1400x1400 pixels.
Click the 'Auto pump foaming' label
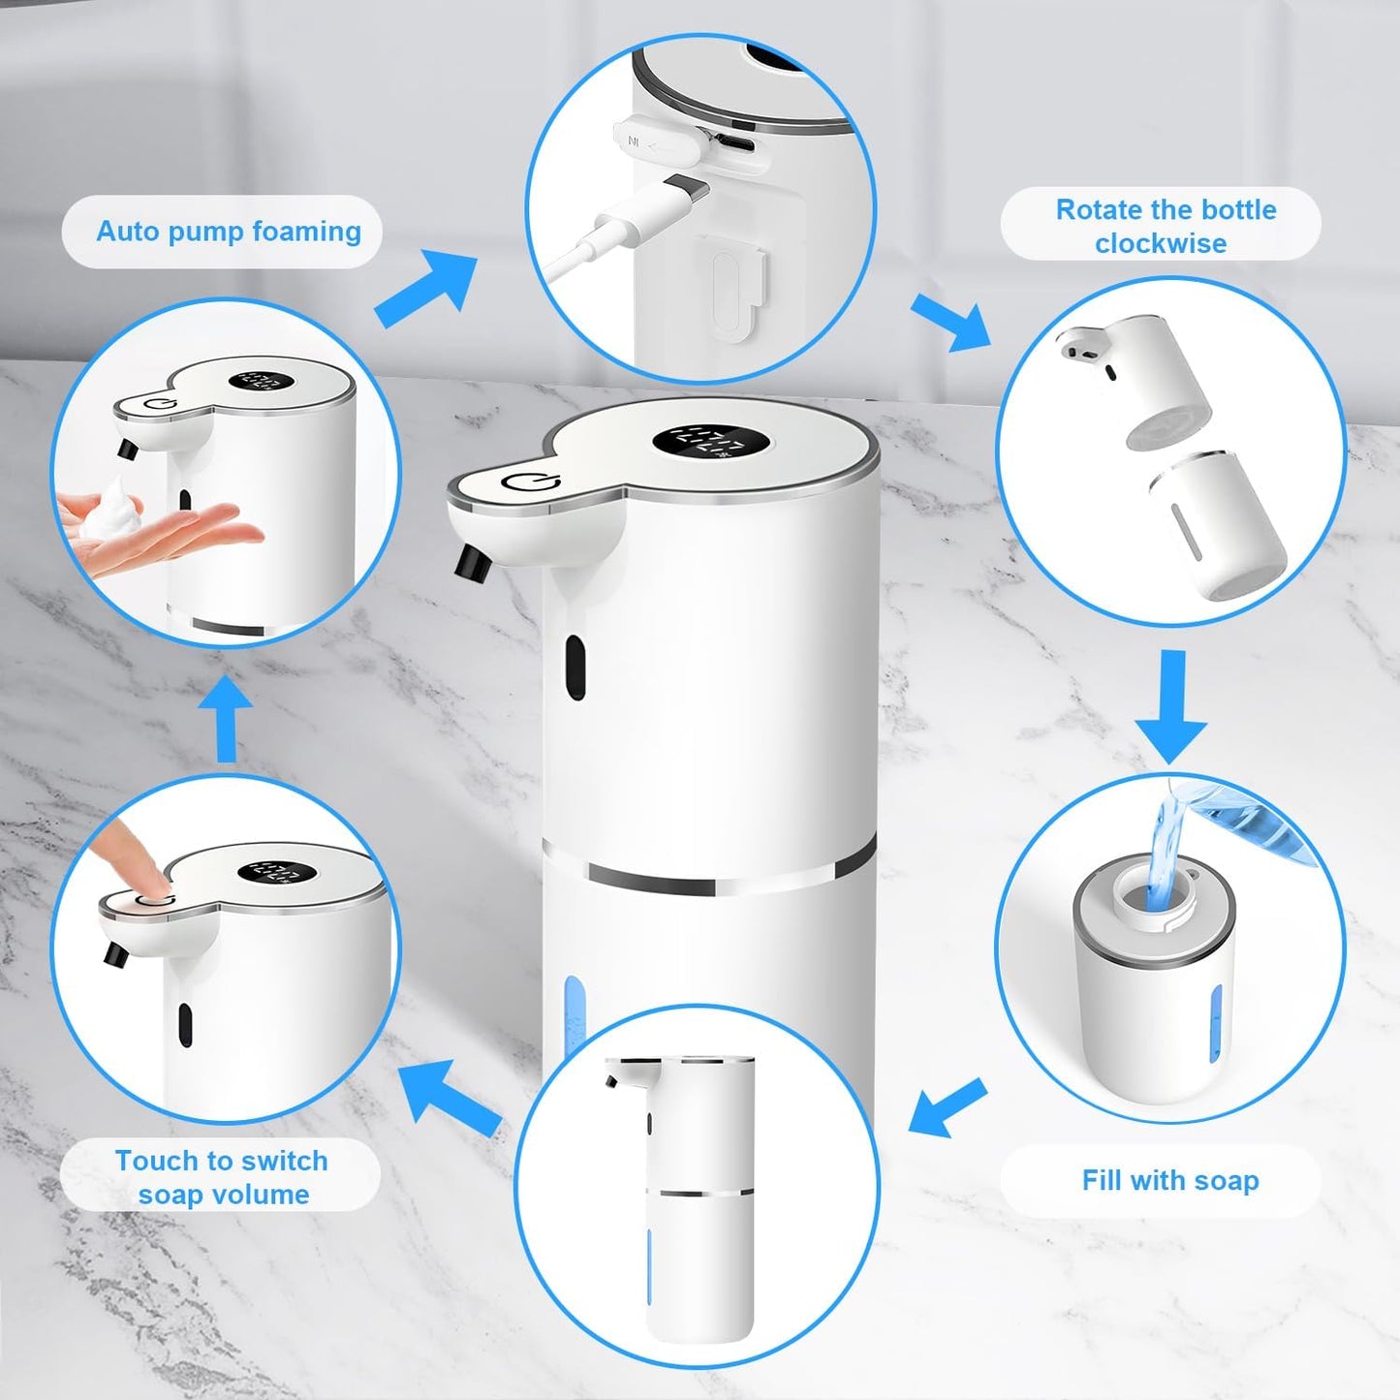pyautogui.click(x=228, y=232)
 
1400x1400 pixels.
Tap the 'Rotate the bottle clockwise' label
pyautogui.click(x=1165, y=226)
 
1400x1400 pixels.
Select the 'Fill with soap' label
pyautogui.click(x=1169, y=1180)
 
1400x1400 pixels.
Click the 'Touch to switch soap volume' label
pyautogui.click(x=222, y=1176)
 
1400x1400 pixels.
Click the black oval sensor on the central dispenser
pyautogui.click(x=576, y=668)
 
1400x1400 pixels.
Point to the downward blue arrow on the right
pyautogui.click(x=1171, y=707)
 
